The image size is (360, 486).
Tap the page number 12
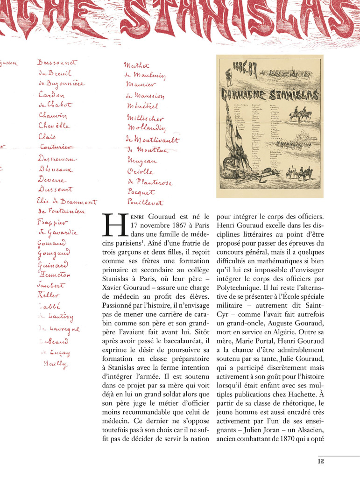tap(321, 461)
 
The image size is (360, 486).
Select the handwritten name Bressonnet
tap(57, 62)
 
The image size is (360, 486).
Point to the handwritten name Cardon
tap(52, 94)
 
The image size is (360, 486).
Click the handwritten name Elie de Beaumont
tap(66, 202)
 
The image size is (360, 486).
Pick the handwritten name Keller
tap(48, 295)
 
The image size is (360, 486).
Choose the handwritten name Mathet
tap(136, 65)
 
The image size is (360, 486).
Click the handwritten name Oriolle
tap(140, 171)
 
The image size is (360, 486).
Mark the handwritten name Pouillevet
tap(145, 203)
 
